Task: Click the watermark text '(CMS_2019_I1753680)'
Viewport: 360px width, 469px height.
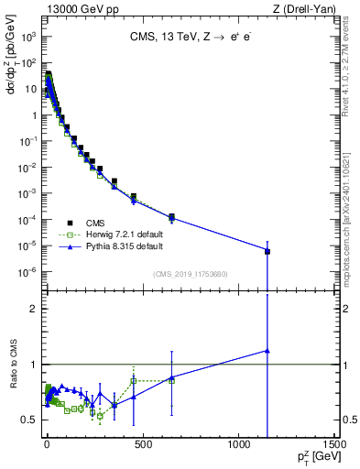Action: pos(191,274)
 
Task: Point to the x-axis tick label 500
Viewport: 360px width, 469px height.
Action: pos(141,449)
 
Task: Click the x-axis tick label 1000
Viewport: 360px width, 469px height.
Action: pos(238,449)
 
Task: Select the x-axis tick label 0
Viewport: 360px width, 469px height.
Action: pos(45,449)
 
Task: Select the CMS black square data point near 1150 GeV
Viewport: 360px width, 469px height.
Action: pos(267,251)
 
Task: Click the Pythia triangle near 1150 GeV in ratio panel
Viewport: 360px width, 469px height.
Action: pos(267,351)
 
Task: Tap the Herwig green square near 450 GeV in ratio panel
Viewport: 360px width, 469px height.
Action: pos(134,381)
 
